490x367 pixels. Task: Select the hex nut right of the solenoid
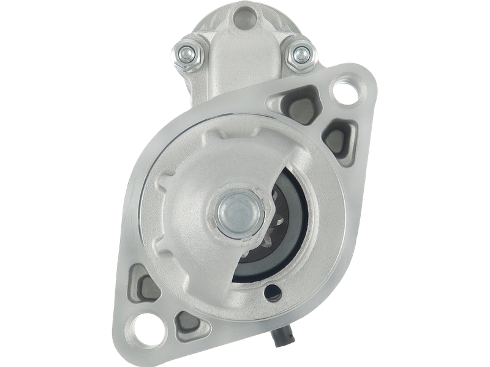[x=300, y=54]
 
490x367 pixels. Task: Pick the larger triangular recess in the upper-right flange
[x=302, y=98]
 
